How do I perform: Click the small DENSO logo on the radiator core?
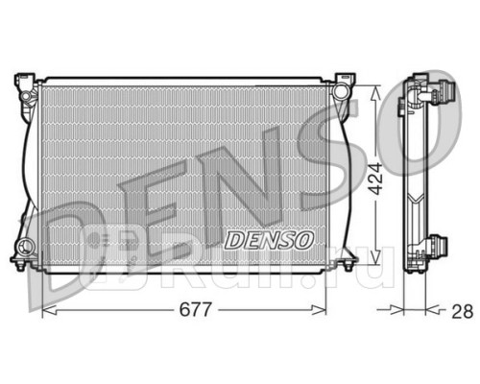click(x=269, y=237)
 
